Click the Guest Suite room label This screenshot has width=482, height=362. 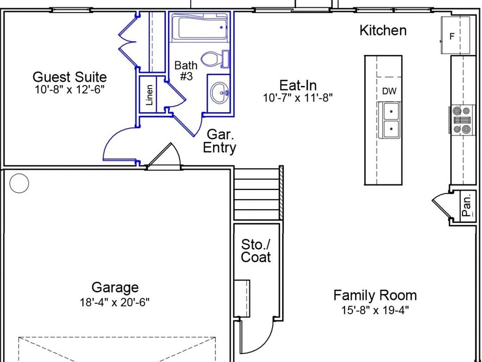[x=70, y=77]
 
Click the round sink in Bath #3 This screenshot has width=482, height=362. [x=220, y=93]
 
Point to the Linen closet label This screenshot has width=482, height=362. [x=150, y=96]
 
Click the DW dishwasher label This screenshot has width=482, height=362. [x=389, y=91]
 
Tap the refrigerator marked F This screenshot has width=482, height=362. [x=455, y=35]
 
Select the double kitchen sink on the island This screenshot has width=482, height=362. [x=389, y=120]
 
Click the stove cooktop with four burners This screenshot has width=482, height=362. [x=462, y=120]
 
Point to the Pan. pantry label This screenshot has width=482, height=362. [x=466, y=205]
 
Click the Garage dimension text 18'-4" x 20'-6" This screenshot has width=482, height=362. [x=114, y=302]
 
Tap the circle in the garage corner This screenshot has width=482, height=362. [x=19, y=183]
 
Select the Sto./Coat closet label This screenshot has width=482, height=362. [x=256, y=250]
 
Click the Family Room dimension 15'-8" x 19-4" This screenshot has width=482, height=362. [x=375, y=310]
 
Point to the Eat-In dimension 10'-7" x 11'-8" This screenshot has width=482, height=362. [x=298, y=98]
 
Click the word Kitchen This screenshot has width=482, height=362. [x=383, y=31]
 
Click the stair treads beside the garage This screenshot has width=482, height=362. [x=257, y=194]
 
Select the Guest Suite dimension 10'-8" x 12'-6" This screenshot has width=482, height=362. [x=70, y=89]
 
